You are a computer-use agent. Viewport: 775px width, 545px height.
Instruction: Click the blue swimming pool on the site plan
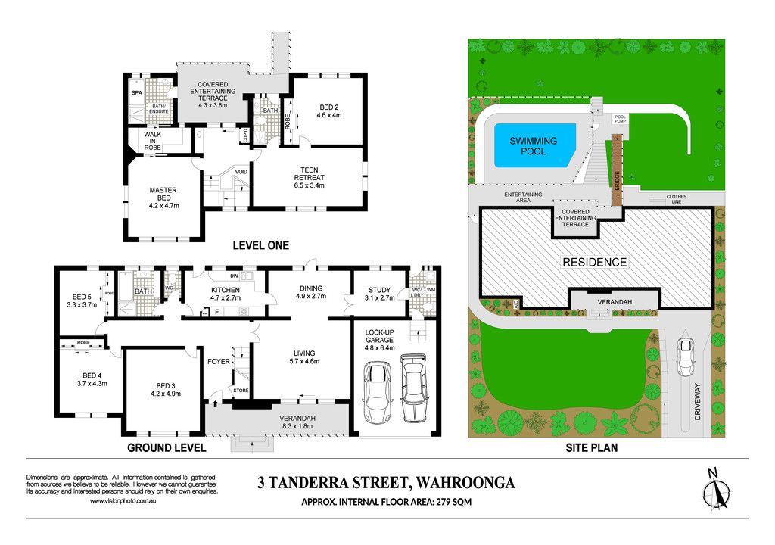[x=534, y=145]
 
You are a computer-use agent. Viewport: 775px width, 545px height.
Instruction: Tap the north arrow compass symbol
[x=716, y=490]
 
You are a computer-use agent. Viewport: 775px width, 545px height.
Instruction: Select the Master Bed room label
[x=163, y=198]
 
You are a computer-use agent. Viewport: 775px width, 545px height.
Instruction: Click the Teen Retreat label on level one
[x=310, y=178]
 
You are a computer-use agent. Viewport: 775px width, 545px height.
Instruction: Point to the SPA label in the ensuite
[x=137, y=92]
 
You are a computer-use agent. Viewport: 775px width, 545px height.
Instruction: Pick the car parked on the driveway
[x=685, y=357]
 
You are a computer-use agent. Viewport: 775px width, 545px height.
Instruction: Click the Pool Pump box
[x=621, y=119]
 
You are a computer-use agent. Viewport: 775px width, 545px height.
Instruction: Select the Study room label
[x=380, y=294]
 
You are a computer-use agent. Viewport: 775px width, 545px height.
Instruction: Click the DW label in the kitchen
[x=234, y=276]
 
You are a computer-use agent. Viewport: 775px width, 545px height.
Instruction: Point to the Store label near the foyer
[x=241, y=391]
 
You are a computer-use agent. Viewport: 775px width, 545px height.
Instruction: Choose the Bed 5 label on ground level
[x=82, y=301]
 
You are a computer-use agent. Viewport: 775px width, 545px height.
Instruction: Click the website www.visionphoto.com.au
[x=123, y=501]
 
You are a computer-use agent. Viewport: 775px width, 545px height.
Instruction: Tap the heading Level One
[x=260, y=245]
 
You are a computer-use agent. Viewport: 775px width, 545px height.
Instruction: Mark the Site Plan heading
[x=592, y=448]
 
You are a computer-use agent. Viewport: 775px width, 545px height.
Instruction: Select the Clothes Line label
[x=676, y=199]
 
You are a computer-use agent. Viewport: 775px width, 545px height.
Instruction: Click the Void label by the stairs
[x=241, y=172]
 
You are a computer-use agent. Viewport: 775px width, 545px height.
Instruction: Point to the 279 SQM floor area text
[x=453, y=502]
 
